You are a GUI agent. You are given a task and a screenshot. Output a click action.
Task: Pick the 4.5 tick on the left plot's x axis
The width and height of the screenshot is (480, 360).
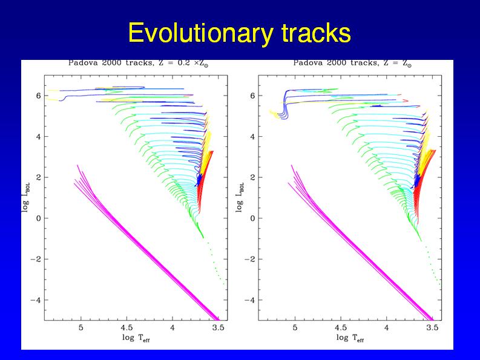click(127, 327)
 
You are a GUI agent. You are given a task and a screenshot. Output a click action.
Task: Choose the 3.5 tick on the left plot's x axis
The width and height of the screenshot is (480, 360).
click(219, 327)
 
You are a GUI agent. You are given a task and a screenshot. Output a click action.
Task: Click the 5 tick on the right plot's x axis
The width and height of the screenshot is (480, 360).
click(295, 327)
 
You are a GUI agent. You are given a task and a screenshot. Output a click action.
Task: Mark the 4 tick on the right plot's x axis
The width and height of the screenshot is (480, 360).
click(387, 327)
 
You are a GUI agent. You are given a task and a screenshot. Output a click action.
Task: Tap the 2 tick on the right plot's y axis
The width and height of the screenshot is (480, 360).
click(252, 177)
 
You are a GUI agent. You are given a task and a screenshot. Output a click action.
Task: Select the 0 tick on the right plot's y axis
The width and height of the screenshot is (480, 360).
click(252, 218)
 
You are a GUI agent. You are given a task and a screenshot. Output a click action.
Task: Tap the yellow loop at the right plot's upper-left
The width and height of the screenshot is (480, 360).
click(275, 114)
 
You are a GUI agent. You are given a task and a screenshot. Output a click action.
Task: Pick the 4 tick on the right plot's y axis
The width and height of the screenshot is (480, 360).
click(252, 137)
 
